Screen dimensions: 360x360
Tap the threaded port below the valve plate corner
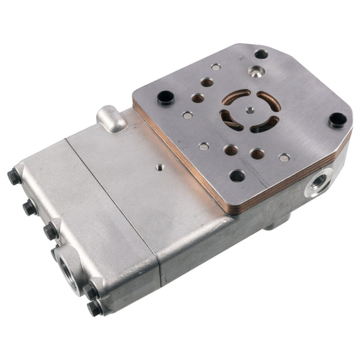click(x=317, y=182)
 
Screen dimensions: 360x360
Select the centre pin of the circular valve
click(x=250, y=110)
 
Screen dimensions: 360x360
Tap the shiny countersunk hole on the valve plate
click(x=256, y=73)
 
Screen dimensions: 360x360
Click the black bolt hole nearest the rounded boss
click(x=165, y=95)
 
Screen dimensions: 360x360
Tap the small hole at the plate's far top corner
click(x=261, y=54)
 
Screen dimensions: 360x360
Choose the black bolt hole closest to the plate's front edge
click(x=237, y=175)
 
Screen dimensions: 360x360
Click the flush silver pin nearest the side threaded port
click(x=284, y=158)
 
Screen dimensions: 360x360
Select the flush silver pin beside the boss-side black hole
click(x=188, y=115)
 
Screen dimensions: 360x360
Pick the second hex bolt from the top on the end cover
click(x=29, y=208)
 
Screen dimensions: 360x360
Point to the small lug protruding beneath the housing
click(x=273, y=225)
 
